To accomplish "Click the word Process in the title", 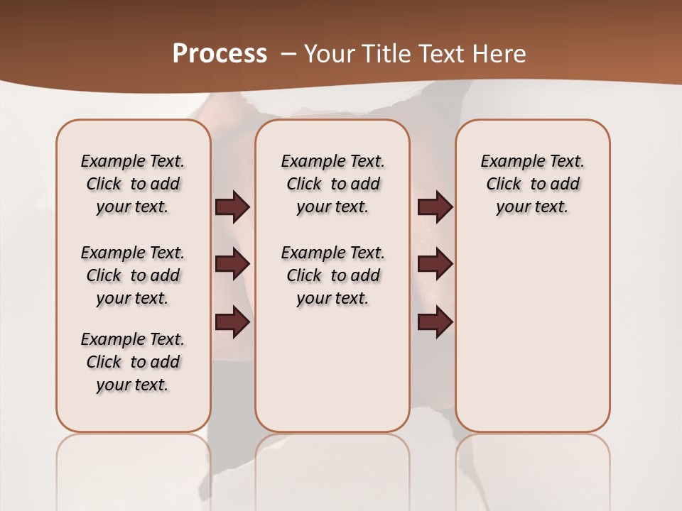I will click(x=220, y=54).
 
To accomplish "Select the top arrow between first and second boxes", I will click(x=232, y=207).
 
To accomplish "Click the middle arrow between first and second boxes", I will click(x=232, y=264).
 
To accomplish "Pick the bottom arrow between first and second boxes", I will click(x=232, y=323).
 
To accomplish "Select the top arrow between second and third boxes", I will click(x=435, y=207).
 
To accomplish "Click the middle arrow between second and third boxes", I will click(x=435, y=264).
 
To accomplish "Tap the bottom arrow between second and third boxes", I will click(x=435, y=323).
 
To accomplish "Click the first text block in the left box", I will click(x=133, y=184).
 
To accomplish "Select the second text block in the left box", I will click(x=133, y=275).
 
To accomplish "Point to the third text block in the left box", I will click(x=133, y=362).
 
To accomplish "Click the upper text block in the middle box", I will click(x=332, y=184).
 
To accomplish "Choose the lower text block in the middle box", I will click(x=332, y=275).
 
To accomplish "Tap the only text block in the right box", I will click(x=532, y=184).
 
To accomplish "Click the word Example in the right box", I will click(x=508, y=162).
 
